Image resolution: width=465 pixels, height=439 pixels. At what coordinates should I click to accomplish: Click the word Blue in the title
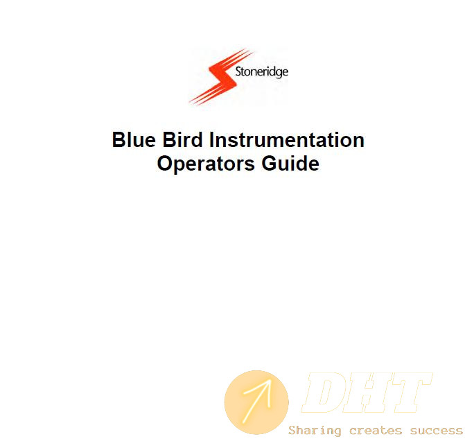134,139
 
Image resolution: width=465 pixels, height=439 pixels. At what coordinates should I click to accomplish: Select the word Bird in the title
183,139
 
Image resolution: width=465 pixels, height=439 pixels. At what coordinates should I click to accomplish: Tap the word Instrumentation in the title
287,139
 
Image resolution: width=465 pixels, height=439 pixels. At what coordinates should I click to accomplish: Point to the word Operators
206,164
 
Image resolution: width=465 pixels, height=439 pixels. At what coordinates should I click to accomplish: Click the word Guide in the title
290,163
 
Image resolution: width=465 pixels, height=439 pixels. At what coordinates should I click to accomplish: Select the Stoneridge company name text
261,72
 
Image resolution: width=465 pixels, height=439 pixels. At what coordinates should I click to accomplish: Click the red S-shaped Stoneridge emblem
221,77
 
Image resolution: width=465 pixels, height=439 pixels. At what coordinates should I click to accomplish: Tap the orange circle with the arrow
256,402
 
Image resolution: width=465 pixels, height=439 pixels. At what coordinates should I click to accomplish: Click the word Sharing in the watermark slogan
315,431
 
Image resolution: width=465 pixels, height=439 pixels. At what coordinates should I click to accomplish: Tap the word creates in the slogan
376,431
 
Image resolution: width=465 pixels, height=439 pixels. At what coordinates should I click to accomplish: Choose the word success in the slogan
436,431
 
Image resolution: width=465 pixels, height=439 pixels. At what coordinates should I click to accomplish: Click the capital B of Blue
119,139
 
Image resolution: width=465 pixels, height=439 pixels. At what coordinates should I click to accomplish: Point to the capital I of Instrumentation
212,139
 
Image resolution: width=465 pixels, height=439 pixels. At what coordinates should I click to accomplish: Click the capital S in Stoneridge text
238,71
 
